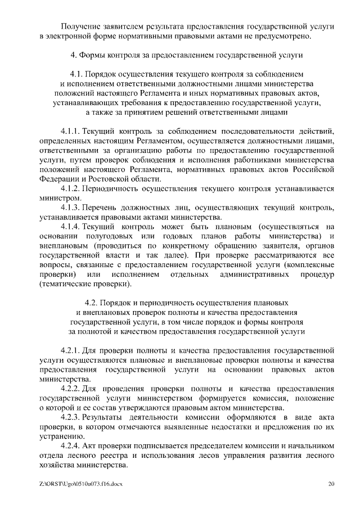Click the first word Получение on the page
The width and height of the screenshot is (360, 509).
click(82, 26)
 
